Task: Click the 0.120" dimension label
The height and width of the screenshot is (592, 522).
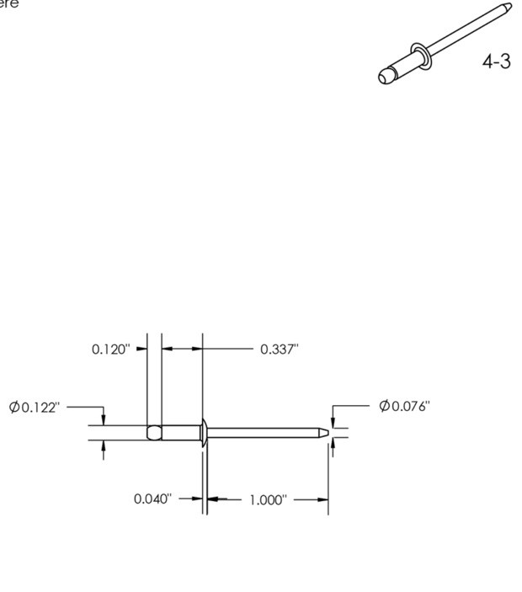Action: (x=111, y=349)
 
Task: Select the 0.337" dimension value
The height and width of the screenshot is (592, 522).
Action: (x=280, y=349)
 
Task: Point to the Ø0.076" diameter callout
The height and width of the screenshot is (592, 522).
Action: (x=404, y=407)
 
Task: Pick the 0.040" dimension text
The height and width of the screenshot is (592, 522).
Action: (x=152, y=499)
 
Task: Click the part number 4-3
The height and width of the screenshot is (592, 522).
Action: (x=496, y=62)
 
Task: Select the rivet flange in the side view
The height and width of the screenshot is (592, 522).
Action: (x=203, y=432)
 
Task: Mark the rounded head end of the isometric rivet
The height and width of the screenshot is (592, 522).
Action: (x=386, y=76)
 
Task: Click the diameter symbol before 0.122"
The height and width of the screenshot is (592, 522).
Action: (x=14, y=408)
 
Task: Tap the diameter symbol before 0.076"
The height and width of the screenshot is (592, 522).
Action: (x=384, y=407)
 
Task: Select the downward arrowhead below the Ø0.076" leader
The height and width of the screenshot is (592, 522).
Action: (x=333, y=423)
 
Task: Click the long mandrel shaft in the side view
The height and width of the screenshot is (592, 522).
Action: (x=265, y=432)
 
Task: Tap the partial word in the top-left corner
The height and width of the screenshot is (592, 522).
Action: (x=8, y=3)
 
